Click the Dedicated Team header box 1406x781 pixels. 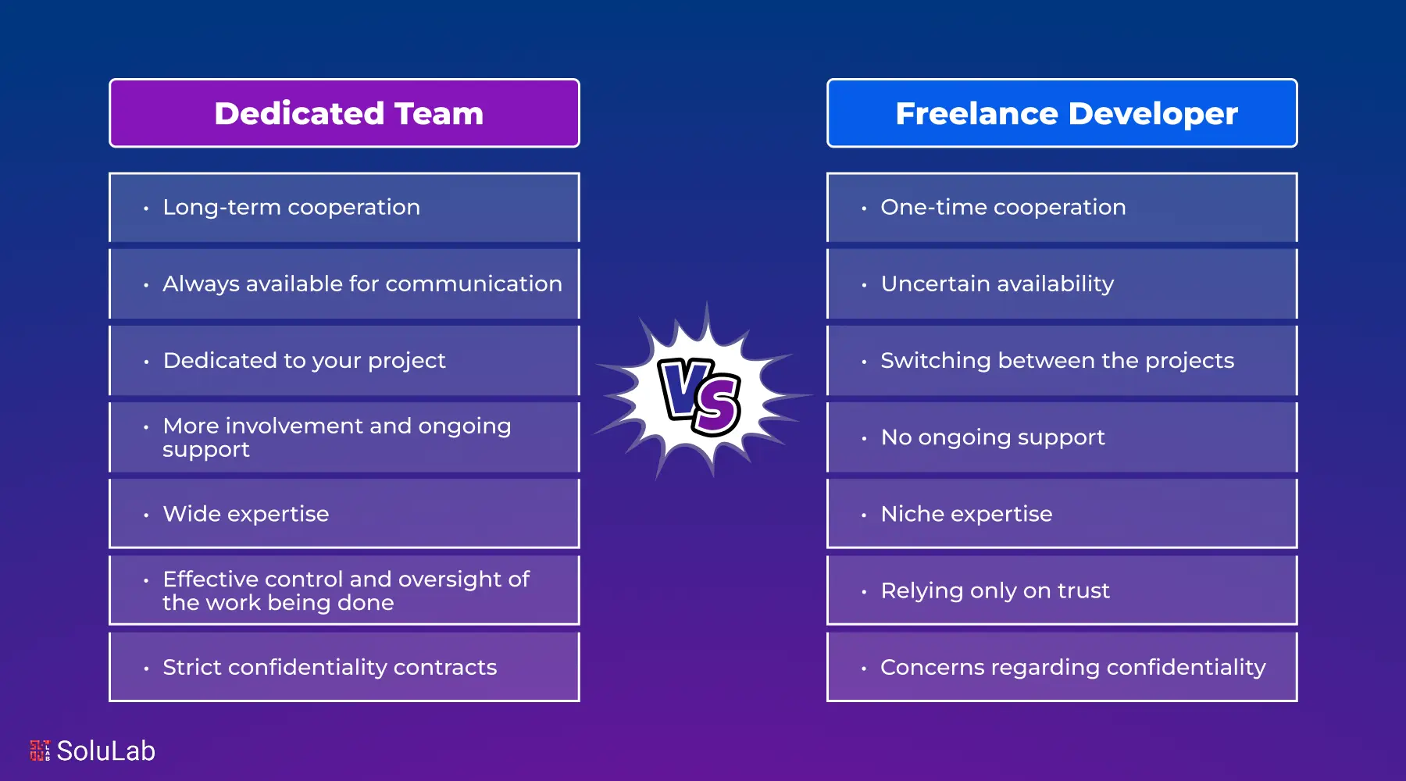[x=344, y=113]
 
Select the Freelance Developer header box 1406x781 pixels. [x=1062, y=113]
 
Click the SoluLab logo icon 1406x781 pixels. [x=40, y=751]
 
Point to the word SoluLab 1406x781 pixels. [x=106, y=751]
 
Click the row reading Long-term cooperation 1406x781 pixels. [x=344, y=207]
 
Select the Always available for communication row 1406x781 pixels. [x=344, y=284]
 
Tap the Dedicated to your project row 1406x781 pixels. [x=344, y=360]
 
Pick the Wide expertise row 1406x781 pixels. [x=344, y=514]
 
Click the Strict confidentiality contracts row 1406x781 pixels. [x=344, y=667]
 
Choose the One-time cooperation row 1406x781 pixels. [x=1062, y=207]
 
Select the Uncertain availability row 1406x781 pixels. [x=1062, y=284]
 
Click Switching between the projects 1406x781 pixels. [x=1062, y=360]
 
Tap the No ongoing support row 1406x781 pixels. [x=1062, y=437]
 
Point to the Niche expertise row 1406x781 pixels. [x=1062, y=514]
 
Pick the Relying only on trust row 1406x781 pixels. [x=1062, y=590]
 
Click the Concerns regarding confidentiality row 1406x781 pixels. [x=1062, y=667]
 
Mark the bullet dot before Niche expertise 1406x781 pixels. [x=864, y=515]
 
